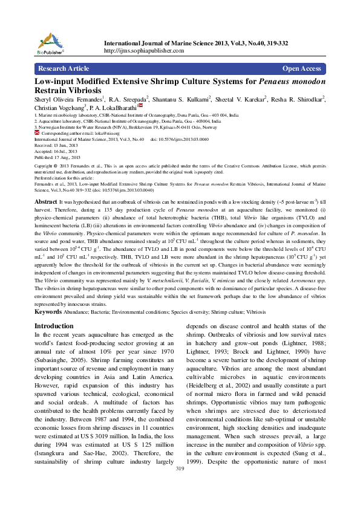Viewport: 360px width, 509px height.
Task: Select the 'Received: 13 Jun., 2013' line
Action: [x=55, y=145]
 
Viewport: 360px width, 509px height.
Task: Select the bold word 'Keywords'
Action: [x=48, y=312]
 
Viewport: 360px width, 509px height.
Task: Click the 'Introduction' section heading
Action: [x=54, y=326]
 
